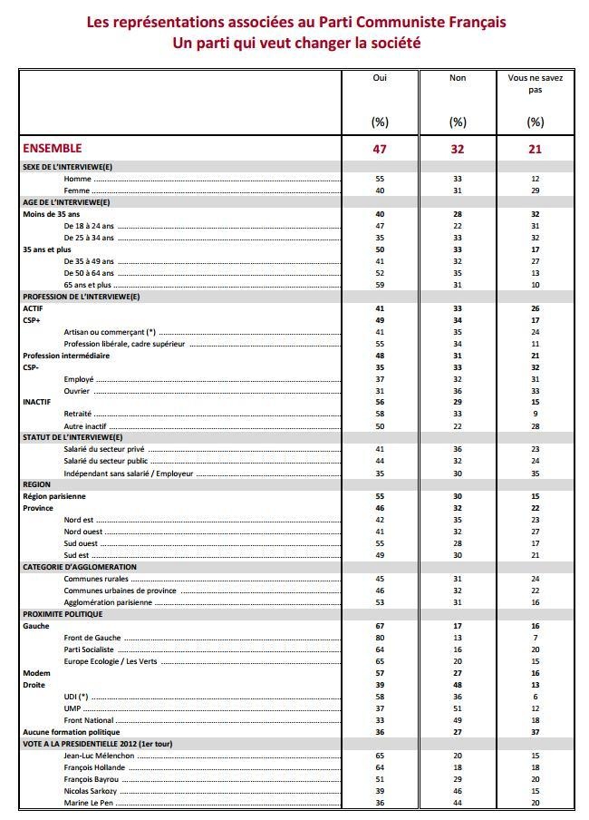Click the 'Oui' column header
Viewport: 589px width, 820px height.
[380, 78]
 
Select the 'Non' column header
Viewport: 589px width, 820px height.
[458, 78]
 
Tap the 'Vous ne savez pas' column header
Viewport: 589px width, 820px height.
[535, 83]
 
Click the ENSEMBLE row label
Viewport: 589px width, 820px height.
[52, 148]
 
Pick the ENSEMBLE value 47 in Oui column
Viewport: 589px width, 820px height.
[380, 149]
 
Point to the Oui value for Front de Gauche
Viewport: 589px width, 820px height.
[380, 638]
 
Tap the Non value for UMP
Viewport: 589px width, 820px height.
[458, 708]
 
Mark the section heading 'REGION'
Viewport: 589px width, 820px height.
[36, 484]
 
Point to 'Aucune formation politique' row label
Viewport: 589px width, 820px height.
[71, 732]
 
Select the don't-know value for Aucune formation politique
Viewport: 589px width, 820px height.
[535, 732]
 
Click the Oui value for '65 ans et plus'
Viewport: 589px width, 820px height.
[380, 284]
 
